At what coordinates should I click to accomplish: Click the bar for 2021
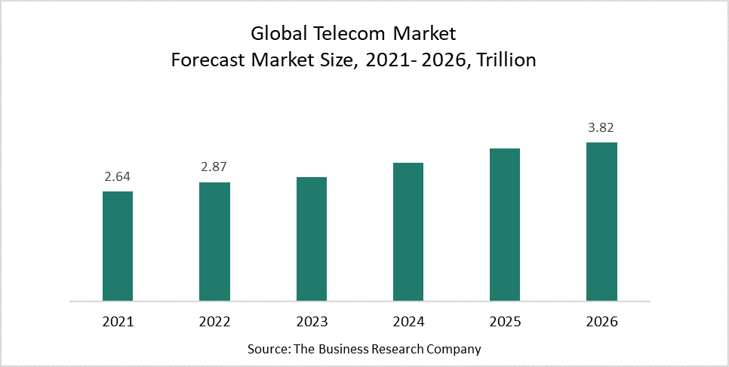click(x=118, y=246)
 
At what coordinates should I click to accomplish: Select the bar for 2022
click(x=214, y=242)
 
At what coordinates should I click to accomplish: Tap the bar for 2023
click(x=312, y=240)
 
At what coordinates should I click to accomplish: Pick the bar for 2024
click(x=408, y=232)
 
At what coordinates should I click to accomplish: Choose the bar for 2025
click(x=505, y=225)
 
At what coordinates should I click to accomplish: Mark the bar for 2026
click(x=601, y=222)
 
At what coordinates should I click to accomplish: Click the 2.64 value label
click(x=118, y=177)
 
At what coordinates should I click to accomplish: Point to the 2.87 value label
click(x=214, y=167)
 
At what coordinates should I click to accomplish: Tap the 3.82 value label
click(x=602, y=128)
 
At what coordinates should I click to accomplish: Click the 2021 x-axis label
click(x=118, y=322)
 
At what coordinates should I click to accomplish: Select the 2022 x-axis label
click(x=214, y=322)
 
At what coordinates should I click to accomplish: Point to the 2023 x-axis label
click(x=312, y=322)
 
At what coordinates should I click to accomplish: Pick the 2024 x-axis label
click(x=408, y=322)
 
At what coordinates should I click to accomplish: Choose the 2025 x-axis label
click(x=505, y=322)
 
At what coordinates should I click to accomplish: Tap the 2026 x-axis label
click(x=601, y=322)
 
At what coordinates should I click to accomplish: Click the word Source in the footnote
click(x=266, y=350)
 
